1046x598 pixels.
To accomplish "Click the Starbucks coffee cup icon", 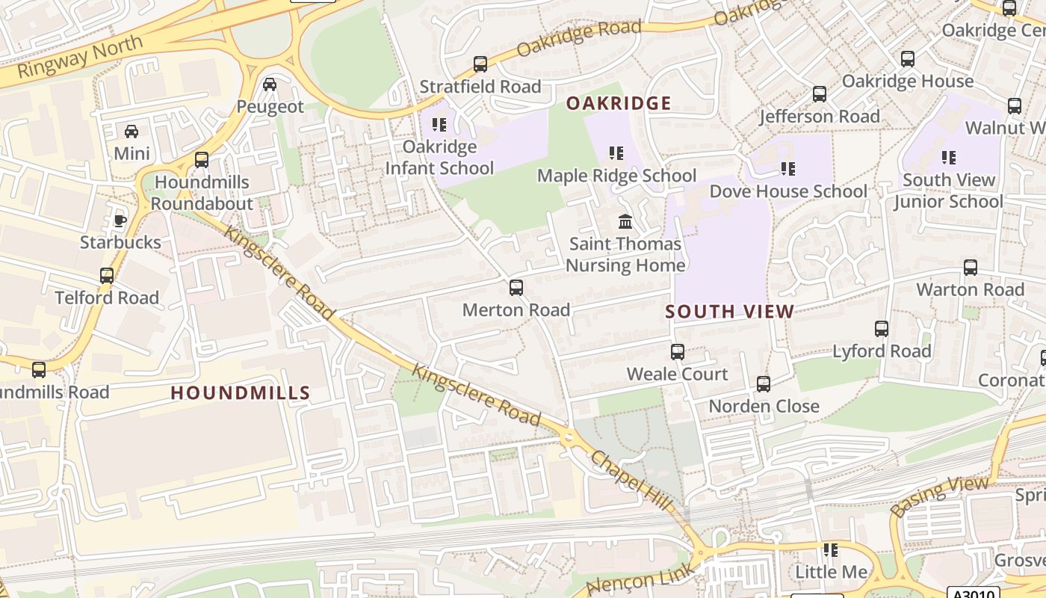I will point(120,220).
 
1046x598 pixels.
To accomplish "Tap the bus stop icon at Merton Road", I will point(516,288).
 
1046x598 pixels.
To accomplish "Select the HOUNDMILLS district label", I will point(240,392).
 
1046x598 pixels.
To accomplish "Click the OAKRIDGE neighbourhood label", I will point(619,103).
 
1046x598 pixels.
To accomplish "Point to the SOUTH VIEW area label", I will point(729,312).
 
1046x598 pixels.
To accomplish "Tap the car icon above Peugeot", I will point(270,84).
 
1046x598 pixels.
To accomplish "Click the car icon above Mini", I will point(131,132).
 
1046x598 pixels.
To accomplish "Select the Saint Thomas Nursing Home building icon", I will point(625,222).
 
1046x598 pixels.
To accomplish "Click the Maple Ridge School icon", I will point(616,153).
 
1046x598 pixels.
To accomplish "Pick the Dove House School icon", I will point(787,169).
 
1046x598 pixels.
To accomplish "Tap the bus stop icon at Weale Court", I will point(678,351).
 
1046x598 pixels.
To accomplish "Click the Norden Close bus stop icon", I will point(764,384).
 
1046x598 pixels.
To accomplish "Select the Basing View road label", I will point(940,496).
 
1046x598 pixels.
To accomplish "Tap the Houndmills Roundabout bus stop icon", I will point(201,159).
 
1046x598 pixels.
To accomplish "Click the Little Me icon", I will point(831,550).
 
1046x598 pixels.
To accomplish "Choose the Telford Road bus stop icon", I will point(107,275).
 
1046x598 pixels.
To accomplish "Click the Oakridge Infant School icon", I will point(439,124).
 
